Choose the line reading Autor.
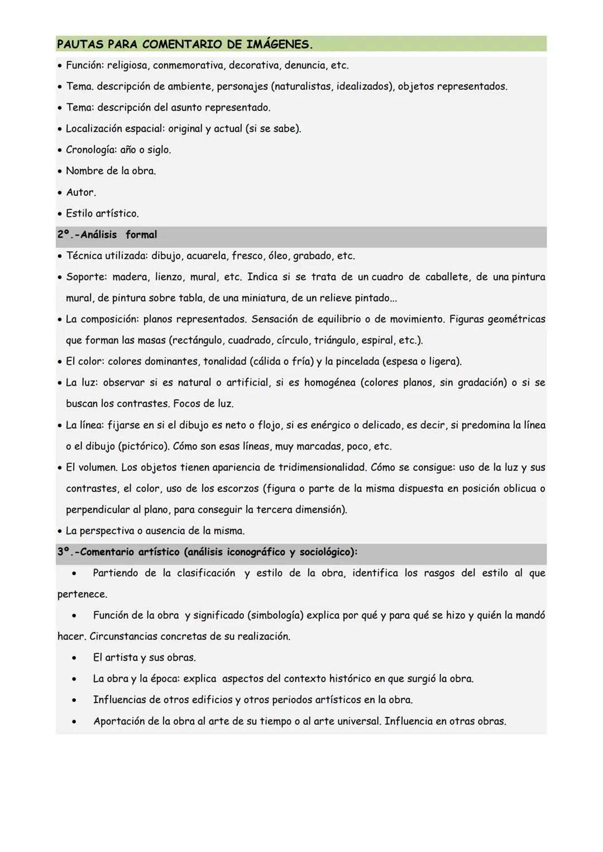coord(81,192)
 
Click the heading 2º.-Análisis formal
coord(107,235)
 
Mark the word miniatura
coord(264,299)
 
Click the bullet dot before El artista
coord(74,658)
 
